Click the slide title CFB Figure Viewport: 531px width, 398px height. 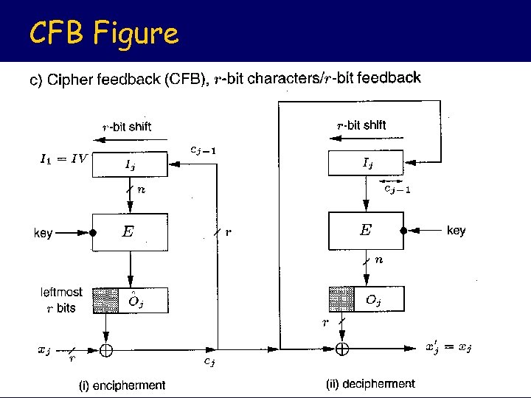103,33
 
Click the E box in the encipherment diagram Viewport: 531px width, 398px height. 129,232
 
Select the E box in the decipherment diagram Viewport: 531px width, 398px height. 366,231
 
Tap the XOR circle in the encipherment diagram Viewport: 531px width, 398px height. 106,351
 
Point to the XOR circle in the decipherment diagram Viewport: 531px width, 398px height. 342,347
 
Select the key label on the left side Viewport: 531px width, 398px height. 44,234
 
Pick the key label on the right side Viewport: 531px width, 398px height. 457,231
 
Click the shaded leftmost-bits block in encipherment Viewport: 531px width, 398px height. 105,300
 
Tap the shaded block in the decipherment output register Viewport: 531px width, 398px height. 341,299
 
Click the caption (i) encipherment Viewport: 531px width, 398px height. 122,385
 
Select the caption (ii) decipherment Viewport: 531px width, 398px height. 370,384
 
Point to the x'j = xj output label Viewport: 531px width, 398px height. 449,347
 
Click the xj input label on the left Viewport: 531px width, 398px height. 44,351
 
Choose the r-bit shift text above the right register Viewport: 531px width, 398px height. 361,125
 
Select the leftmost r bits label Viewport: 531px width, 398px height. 61,300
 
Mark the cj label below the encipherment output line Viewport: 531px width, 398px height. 209,361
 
